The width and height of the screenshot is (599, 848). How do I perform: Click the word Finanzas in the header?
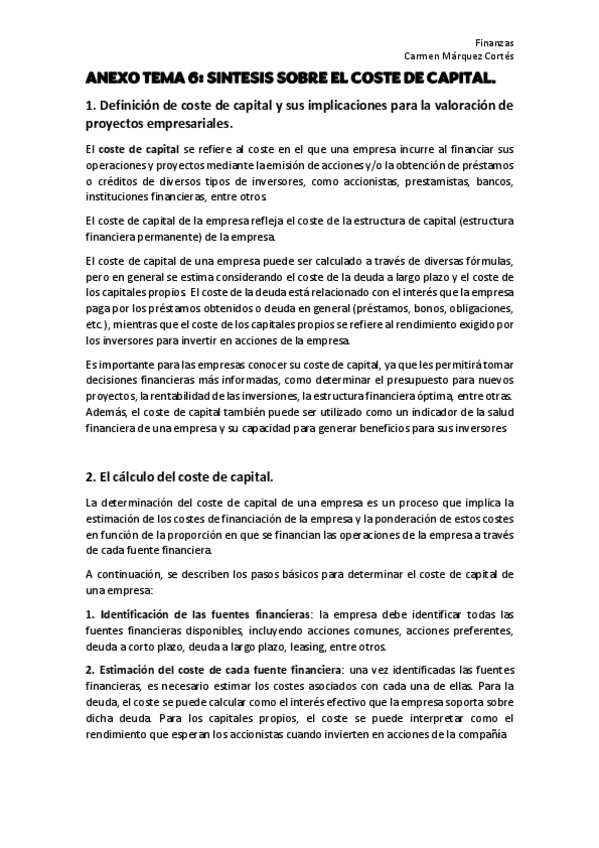point(495,43)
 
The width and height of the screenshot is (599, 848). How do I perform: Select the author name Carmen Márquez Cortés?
point(458,56)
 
